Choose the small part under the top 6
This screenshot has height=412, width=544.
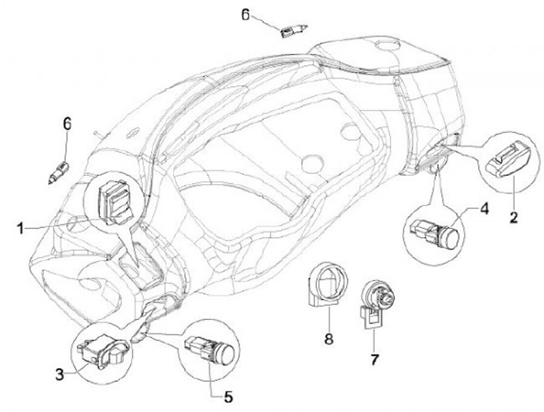[x=290, y=32]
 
